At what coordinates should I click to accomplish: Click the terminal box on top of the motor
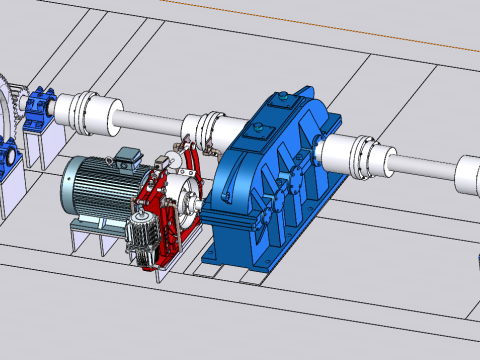point(128,158)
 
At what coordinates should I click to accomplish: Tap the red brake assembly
point(160,215)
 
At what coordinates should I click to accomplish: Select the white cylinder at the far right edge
point(468,175)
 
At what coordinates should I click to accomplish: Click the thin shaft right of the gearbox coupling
point(420,168)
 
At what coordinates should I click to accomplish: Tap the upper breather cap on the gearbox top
point(284,98)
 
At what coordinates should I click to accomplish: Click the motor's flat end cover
point(68,190)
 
